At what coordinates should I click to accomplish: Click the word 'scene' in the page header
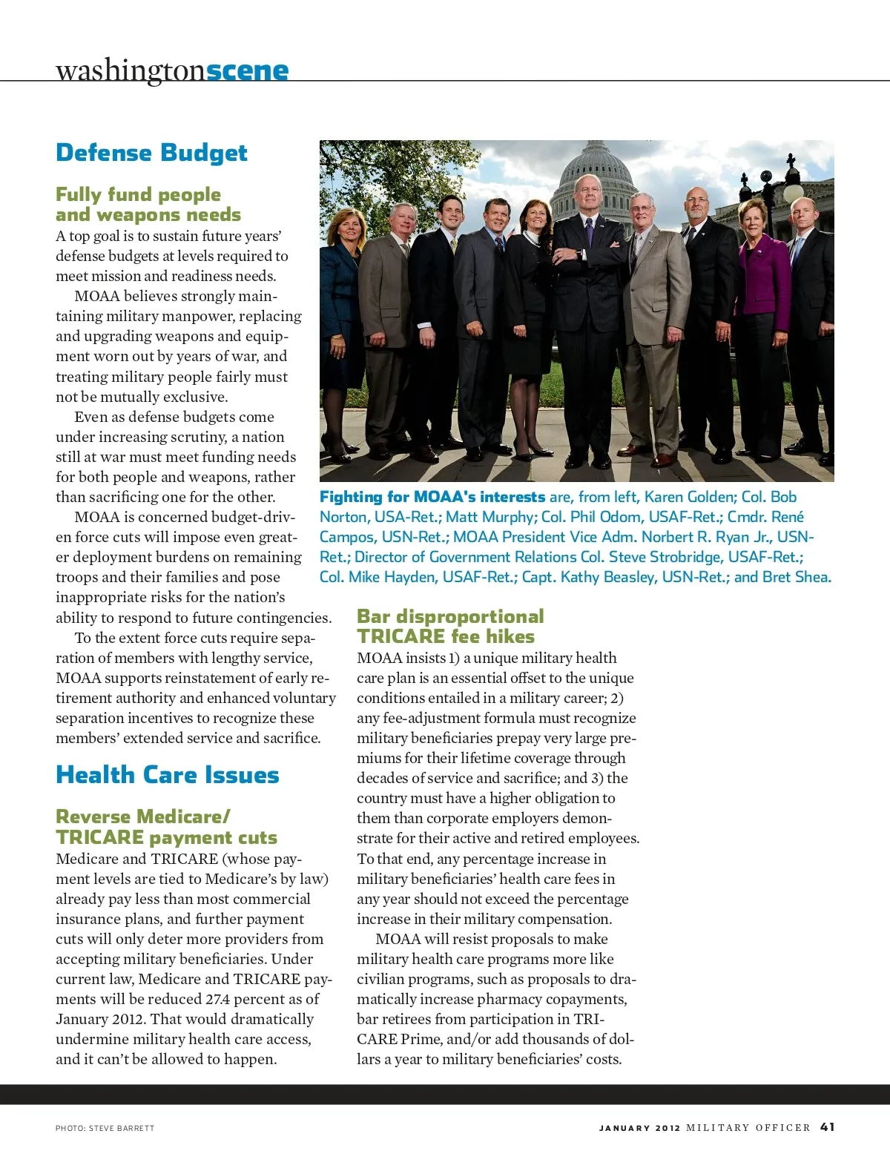[247, 70]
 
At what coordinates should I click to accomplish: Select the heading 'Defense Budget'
[151, 153]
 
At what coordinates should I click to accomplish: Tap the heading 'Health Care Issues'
[167, 775]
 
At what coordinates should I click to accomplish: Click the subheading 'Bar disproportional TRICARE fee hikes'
[449, 627]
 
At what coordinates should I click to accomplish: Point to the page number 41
[827, 1126]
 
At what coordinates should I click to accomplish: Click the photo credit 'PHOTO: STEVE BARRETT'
[105, 1128]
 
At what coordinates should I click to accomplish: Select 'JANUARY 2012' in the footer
[639, 1128]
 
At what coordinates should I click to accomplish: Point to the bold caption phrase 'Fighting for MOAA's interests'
[432, 497]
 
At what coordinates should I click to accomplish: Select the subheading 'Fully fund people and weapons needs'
[148, 205]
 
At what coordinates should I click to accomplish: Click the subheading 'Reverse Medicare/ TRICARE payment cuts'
[165, 827]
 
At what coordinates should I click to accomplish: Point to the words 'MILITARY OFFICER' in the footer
[748, 1128]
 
